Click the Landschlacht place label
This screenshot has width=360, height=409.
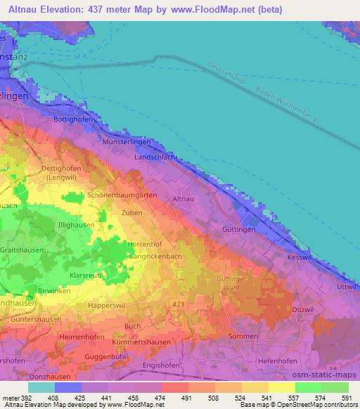[157, 159]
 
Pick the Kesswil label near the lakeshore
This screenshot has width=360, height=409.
[300, 258]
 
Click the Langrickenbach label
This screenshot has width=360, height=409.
[157, 258]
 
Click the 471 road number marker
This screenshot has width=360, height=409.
[179, 302]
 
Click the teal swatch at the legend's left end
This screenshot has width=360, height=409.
[41, 387]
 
